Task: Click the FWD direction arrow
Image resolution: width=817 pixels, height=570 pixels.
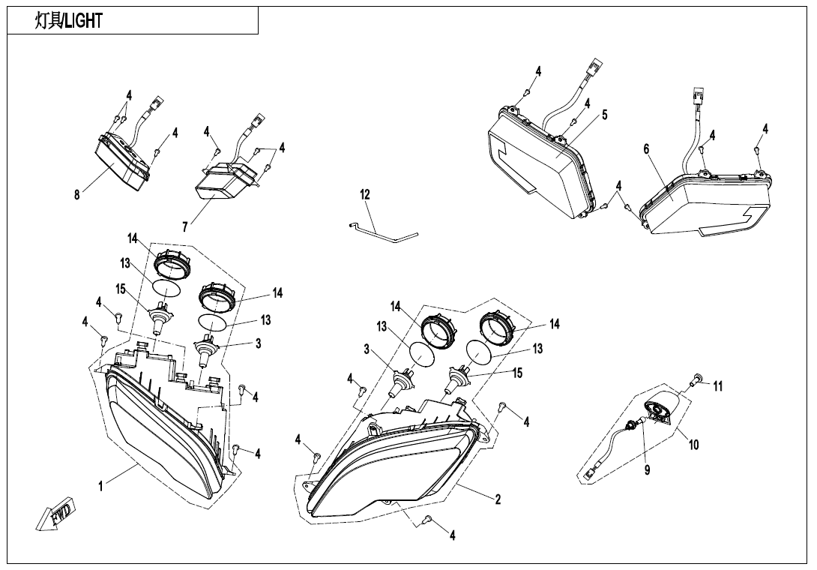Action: point(55,514)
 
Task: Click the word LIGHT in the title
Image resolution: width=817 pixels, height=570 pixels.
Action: point(84,21)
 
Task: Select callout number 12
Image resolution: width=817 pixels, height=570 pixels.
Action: point(365,194)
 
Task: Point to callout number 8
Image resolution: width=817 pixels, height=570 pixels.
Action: point(77,195)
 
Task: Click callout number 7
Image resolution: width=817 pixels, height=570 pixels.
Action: point(185,227)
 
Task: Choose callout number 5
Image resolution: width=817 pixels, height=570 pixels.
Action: point(604,115)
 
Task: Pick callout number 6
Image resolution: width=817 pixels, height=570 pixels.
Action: point(646,149)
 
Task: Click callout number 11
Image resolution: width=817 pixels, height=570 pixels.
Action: point(718,386)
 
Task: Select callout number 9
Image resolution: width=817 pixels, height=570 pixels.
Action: point(647,469)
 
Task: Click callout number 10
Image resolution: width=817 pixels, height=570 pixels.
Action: point(693,445)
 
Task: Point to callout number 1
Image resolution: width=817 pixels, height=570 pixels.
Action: point(101,486)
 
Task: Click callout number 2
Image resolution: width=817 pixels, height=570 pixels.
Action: point(498,499)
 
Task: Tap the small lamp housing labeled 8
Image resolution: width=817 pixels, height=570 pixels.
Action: point(122,160)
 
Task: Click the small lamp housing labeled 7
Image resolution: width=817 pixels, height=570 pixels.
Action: point(225,181)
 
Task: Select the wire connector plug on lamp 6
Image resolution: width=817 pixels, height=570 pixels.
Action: point(699,94)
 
